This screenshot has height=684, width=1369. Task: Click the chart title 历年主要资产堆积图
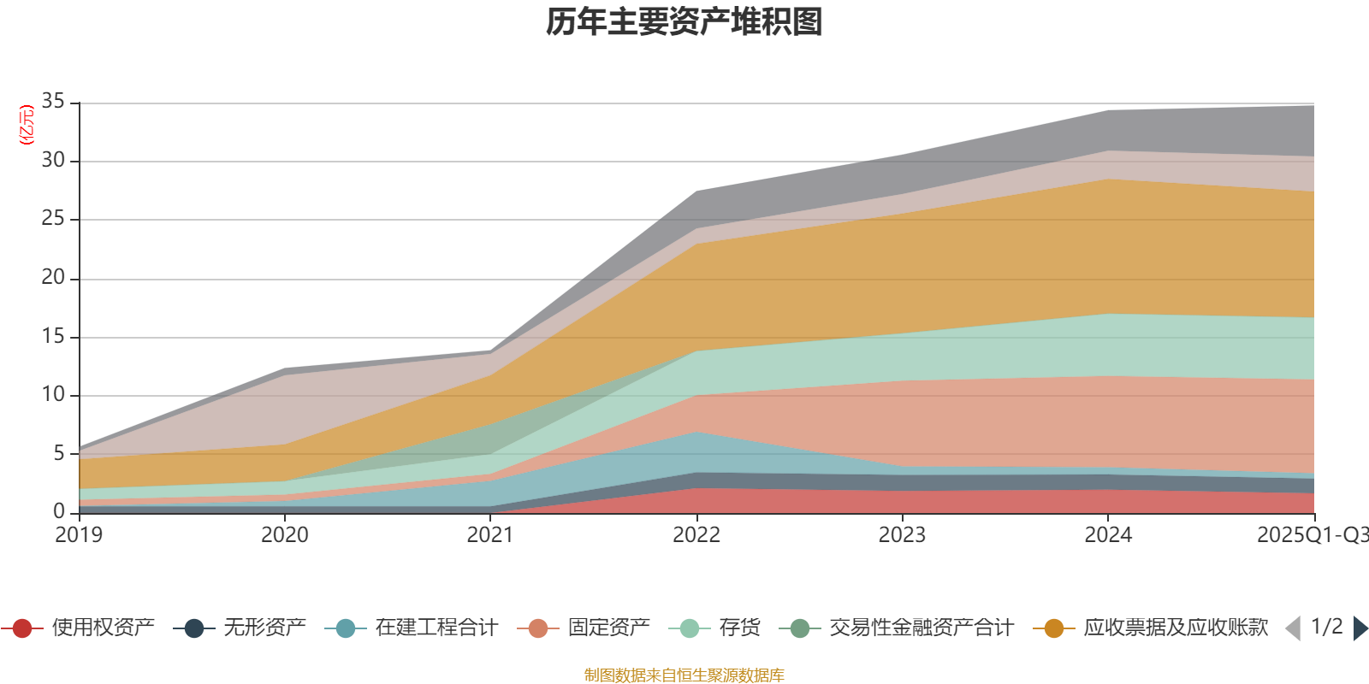point(684,22)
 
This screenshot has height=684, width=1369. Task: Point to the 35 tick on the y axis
point(53,102)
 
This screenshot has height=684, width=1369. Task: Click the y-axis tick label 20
point(53,277)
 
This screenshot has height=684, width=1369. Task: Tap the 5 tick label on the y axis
point(59,453)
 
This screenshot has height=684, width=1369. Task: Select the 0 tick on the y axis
point(59,511)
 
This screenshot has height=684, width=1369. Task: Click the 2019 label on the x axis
point(79,535)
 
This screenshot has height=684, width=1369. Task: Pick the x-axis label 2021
point(490,535)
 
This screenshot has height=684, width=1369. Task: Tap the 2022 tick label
point(696,535)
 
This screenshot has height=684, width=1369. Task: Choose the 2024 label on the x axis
point(1108,535)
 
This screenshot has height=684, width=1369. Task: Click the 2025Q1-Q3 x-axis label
point(1311,535)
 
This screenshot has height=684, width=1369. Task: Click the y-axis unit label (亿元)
point(27,125)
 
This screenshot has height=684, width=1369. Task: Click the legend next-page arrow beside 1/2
point(1360,628)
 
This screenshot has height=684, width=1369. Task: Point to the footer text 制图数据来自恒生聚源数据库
point(684,675)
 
